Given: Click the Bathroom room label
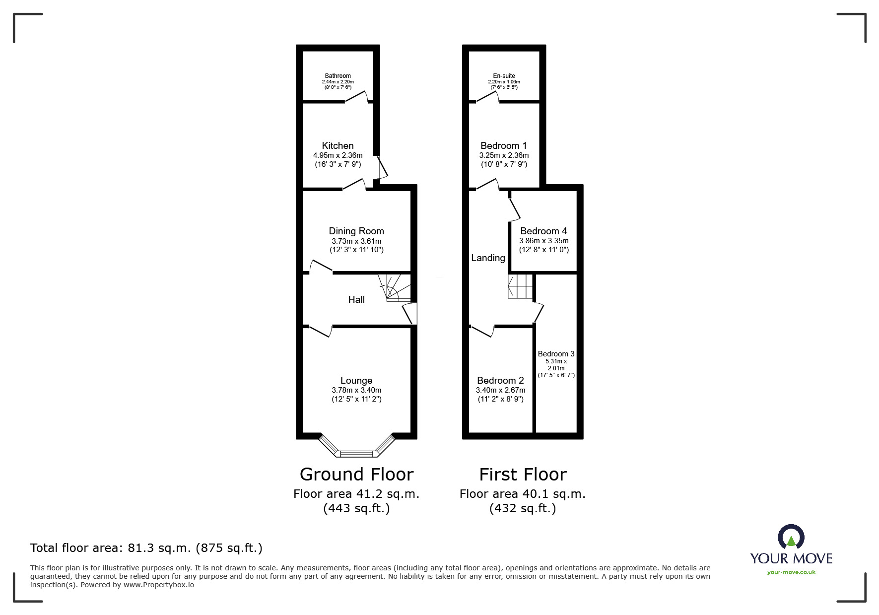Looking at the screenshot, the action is [338, 76].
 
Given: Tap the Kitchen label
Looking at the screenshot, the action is [338, 145].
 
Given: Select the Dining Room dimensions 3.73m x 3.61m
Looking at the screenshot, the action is [356, 241].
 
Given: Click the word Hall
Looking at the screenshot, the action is [356, 299].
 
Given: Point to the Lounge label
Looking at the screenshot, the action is [356, 381].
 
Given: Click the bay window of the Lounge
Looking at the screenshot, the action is [356, 446].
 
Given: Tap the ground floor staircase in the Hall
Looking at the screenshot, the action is [395, 288].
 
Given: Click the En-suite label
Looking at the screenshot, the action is [504, 76].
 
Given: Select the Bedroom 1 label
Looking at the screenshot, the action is [504, 145].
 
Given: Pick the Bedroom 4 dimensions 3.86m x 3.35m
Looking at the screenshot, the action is [544, 241].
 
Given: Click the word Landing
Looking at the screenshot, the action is [488, 258].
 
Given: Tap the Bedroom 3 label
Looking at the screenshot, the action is [556, 354].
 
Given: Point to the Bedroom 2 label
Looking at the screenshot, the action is [500, 381].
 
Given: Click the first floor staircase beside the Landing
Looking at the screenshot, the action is [520, 286].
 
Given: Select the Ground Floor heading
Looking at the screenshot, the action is [356, 475].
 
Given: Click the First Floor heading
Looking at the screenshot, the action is [523, 475].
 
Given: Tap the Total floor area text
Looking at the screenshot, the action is [146, 548].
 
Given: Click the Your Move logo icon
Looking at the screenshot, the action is [791, 537].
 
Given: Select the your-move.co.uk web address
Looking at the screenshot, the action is [791, 572].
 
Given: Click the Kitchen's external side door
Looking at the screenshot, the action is [383, 168].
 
